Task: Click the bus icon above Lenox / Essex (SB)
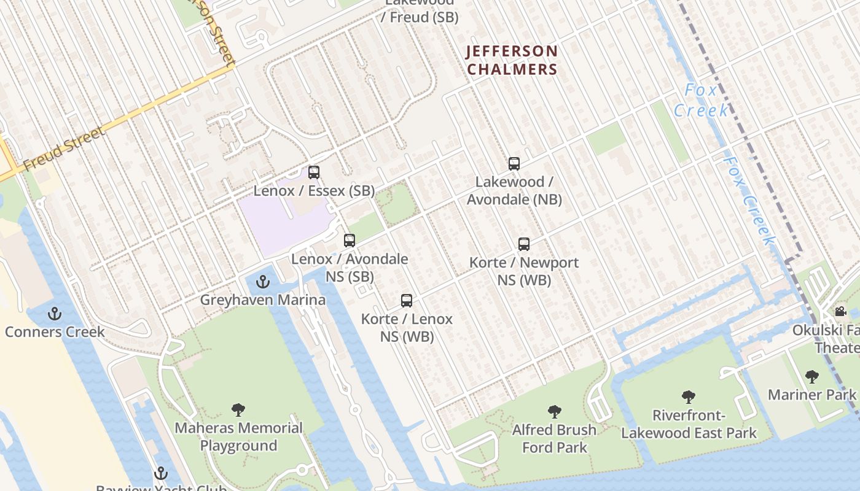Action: [314, 172]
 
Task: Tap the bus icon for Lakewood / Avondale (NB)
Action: [514, 164]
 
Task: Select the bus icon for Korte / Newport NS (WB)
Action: [524, 244]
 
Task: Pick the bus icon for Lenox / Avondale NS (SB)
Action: [350, 241]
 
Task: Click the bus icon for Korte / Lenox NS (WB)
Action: [407, 301]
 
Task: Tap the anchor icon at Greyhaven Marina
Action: [263, 282]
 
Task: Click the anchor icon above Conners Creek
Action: [55, 314]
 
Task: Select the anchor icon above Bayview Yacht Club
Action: [160, 473]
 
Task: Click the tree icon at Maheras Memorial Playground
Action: [238, 410]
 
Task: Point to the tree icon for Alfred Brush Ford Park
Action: [555, 412]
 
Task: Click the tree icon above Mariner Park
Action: [812, 377]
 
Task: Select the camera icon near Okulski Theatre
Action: [840, 312]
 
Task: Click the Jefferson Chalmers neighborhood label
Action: [512, 60]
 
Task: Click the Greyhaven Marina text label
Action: [263, 300]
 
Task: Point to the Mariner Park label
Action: [811, 395]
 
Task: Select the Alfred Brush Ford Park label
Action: [554, 438]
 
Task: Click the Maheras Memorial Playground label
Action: [238, 436]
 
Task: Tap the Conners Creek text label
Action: [55, 332]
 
